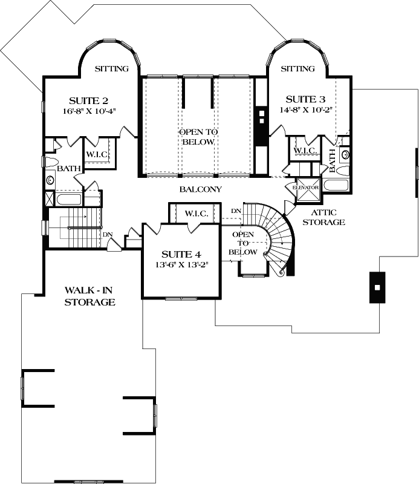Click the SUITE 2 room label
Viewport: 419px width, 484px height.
[88, 100]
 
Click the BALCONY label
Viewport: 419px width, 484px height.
[201, 189]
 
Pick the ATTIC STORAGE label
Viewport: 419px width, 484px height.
[328, 217]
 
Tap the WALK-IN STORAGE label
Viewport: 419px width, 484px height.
[90, 296]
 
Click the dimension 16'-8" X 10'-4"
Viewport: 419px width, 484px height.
[88, 111]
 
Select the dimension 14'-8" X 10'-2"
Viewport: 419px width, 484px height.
[306, 110]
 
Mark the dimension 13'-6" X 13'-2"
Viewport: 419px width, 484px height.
[181, 264]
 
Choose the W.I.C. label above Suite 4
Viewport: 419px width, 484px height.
[197, 214]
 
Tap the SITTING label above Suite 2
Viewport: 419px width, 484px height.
[112, 69]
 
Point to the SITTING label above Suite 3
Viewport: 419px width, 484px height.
[297, 69]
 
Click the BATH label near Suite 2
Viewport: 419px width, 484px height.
[68, 169]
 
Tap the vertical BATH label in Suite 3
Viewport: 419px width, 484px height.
[332, 160]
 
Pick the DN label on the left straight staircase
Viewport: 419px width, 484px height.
[107, 234]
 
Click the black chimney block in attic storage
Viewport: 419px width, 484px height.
[376, 287]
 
